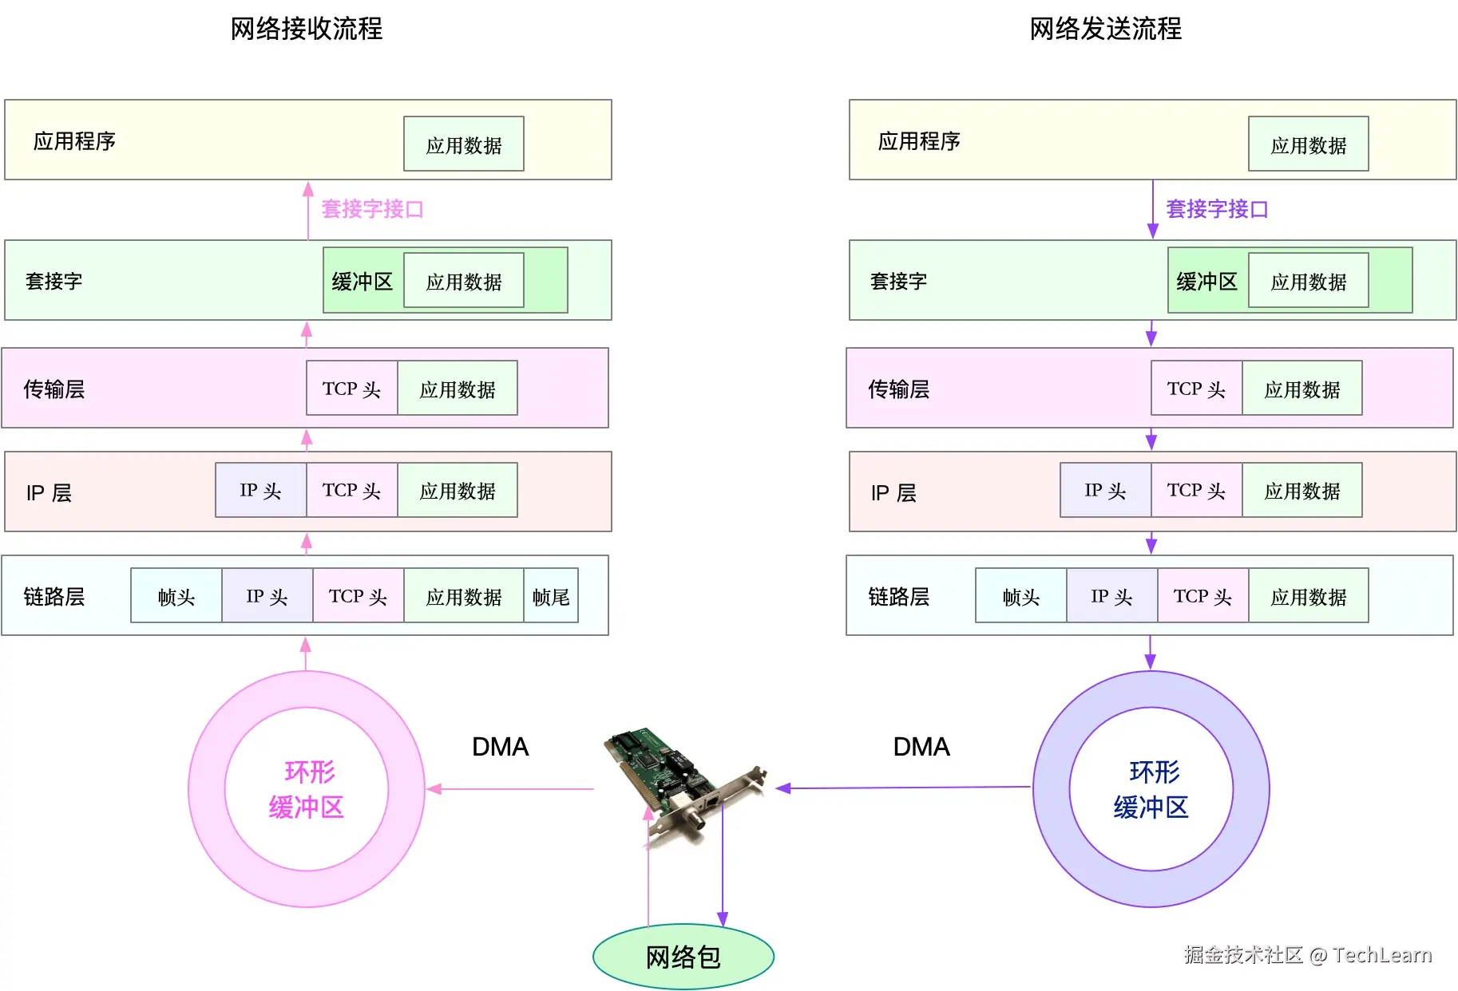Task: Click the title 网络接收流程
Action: point(307,29)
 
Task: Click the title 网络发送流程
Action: point(1105,29)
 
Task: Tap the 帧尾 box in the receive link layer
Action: point(551,596)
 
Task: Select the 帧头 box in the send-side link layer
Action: point(1020,596)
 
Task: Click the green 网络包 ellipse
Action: point(683,956)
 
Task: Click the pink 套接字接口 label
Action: point(372,209)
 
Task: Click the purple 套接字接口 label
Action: point(1217,209)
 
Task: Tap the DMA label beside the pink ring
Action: point(500,747)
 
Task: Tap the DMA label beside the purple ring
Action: point(921,747)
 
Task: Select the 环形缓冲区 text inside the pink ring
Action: point(307,789)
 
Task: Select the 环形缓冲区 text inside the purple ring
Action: point(1151,789)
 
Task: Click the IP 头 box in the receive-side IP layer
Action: point(260,490)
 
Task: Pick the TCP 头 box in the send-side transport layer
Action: point(1196,389)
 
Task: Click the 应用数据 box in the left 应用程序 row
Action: point(463,144)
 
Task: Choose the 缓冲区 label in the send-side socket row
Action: point(1206,282)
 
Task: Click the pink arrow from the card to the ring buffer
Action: point(511,789)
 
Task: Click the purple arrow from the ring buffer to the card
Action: point(902,788)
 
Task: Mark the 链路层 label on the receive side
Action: point(54,596)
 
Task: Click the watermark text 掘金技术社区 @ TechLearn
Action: point(1308,954)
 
